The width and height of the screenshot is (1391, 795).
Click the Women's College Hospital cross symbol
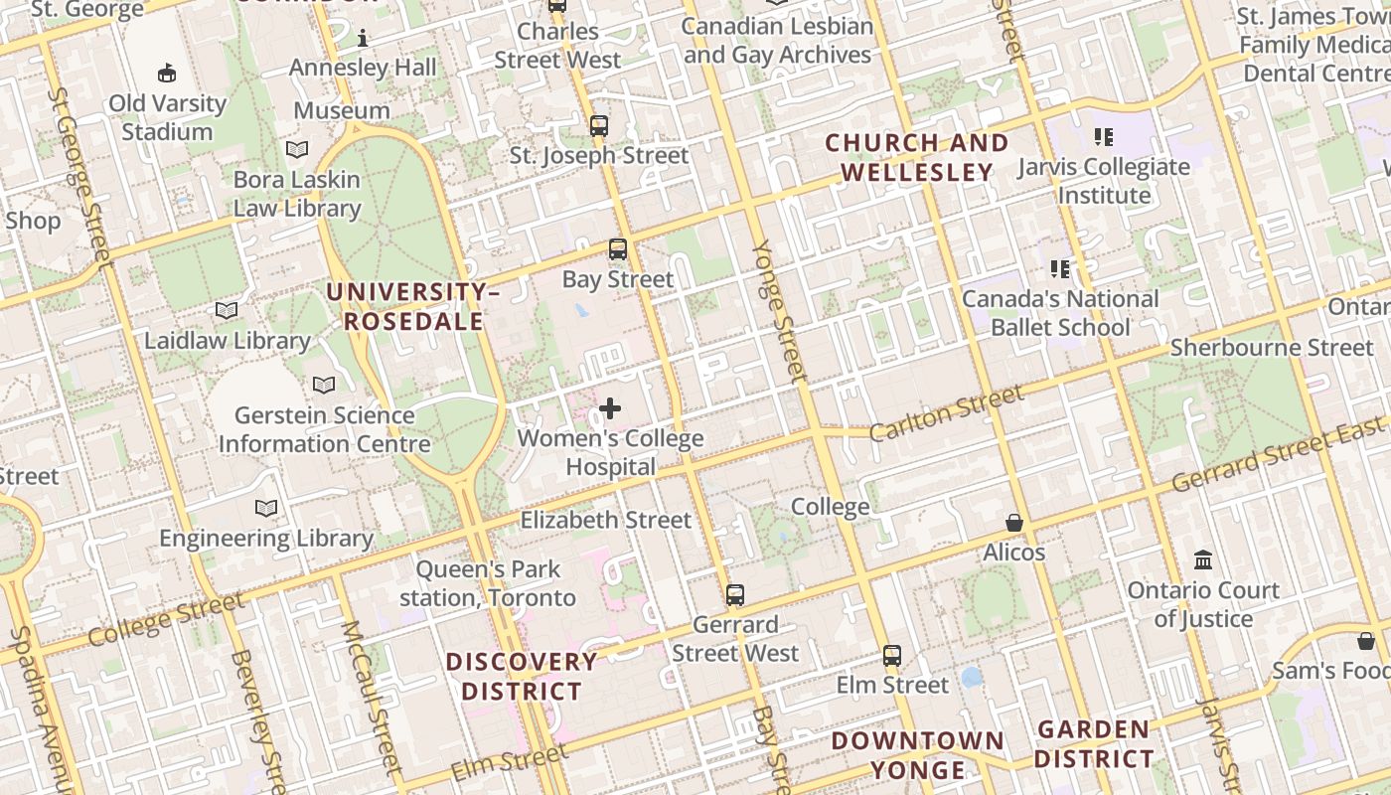[610, 408]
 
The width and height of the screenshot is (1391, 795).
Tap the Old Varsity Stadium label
[167, 117]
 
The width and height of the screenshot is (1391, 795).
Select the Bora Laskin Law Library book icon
[297, 150]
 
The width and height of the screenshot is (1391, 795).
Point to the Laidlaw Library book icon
[227, 311]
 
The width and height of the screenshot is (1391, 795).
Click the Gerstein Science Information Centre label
[324, 429]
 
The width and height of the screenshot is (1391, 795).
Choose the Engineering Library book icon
[266, 509]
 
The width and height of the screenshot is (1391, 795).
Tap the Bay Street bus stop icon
[618, 249]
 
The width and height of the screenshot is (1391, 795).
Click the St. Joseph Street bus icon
[598, 126]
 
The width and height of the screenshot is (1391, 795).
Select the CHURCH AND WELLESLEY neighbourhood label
[917, 157]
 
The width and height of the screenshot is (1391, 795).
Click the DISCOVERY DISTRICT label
[522, 676]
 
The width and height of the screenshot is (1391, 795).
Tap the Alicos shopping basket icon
[1014, 523]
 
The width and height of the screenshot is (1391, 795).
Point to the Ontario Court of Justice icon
[1203, 560]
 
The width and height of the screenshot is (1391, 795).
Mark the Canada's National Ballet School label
[1060, 313]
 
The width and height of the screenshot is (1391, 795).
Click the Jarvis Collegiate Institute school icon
[1103, 136]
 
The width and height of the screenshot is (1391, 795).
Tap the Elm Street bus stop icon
[892, 656]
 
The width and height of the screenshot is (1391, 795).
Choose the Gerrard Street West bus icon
[735, 595]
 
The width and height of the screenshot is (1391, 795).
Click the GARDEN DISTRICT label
[1094, 744]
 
